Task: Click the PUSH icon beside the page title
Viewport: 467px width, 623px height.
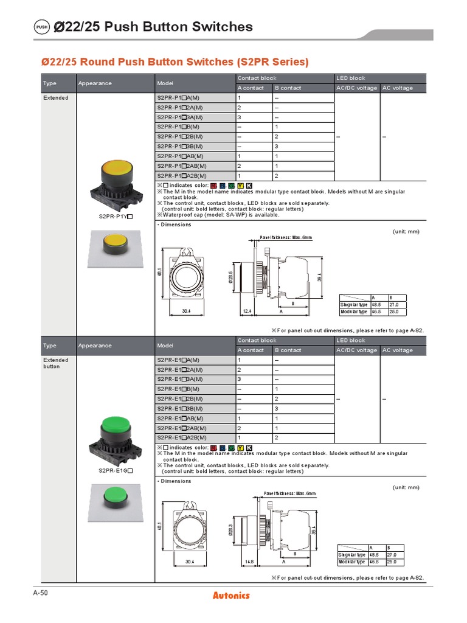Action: pos(41,27)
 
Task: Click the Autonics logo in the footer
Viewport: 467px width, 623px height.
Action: pos(231,595)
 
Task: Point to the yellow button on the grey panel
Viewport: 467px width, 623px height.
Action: pos(114,245)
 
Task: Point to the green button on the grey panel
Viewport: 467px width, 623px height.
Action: pos(114,494)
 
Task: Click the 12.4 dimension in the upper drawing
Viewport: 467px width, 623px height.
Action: pos(247,311)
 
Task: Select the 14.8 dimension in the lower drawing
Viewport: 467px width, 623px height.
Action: pos(249,562)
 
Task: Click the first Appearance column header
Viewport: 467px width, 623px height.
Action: pos(95,83)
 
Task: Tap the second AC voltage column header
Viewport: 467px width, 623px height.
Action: pos(398,350)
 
